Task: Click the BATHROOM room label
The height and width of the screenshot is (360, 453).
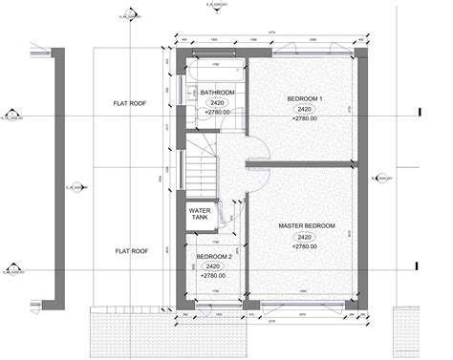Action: (x=218, y=93)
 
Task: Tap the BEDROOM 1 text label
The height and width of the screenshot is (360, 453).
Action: (x=305, y=99)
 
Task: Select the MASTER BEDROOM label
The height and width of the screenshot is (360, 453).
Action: (x=307, y=226)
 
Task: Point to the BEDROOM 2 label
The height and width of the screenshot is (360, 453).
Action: (x=214, y=257)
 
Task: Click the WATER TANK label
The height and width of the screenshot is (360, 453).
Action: (x=200, y=214)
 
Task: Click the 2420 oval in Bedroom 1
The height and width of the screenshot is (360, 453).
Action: (x=305, y=110)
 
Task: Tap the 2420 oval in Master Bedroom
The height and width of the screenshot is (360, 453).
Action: (x=306, y=237)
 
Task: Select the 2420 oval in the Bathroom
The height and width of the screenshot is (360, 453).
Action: (x=218, y=102)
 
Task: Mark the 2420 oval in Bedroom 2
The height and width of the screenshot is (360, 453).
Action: (x=214, y=266)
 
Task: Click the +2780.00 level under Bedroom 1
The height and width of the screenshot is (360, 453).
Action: (x=305, y=119)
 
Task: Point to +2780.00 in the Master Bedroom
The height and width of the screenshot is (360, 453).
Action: (x=306, y=246)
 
